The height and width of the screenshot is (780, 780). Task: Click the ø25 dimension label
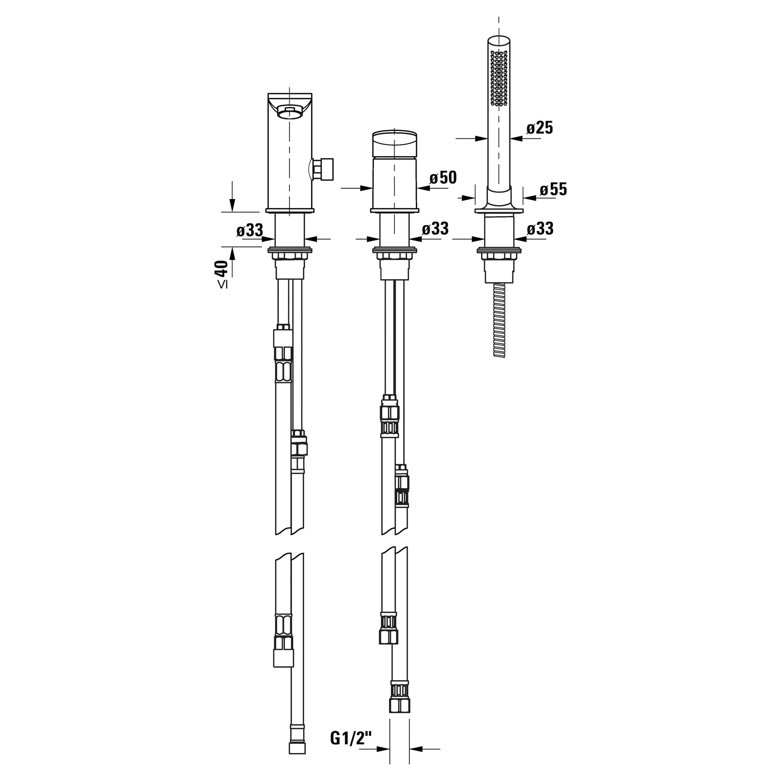539,128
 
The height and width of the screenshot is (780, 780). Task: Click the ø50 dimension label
443,177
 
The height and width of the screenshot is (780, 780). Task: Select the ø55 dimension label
553,190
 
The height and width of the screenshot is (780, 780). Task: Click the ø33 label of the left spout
250,230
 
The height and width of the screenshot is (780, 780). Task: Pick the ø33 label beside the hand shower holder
540,229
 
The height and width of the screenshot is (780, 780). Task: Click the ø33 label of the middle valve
435,229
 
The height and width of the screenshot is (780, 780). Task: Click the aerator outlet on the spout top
289,113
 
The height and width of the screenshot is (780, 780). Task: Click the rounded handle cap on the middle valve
394,143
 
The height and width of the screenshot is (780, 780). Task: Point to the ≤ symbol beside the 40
222,285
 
